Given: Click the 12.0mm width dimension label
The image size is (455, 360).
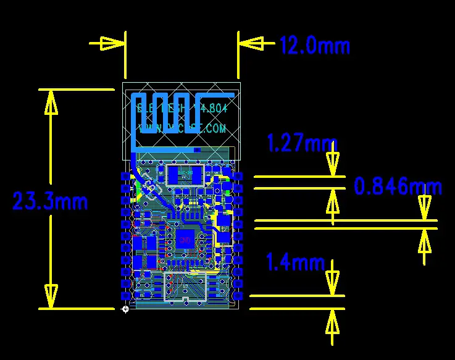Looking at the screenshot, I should pyautogui.click(x=315, y=45).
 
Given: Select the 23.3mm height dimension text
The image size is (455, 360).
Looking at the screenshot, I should pyautogui.click(x=51, y=201).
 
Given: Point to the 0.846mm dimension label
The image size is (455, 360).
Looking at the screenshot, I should pyautogui.click(x=398, y=186).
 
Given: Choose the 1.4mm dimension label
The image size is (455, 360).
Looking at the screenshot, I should pyautogui.click(x=294, y=262).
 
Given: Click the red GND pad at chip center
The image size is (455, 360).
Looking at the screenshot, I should pyautogui.click(x=185, y=239).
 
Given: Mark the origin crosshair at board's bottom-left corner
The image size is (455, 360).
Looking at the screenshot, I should pyautogui.click(x=126, y=308).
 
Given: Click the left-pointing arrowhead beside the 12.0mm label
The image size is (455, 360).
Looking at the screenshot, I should pyautogui.click(x=251, y=43).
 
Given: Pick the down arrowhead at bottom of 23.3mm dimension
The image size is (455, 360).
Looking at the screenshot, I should pyautogui.click(x=51, y=294).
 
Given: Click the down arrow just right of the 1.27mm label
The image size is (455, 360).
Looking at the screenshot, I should pyautogui.click(x=333, y=162).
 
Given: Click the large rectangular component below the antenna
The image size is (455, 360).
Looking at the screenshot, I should pyautogui.click(x=185, y=175).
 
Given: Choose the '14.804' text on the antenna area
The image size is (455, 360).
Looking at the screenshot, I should pyautogui.click(x=211, y=108).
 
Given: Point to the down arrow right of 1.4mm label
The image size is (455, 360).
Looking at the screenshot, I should pyautogui.click(x=333, y=281).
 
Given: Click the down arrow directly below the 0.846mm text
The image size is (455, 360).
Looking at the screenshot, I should pyautogui.click(x=424, y=207).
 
